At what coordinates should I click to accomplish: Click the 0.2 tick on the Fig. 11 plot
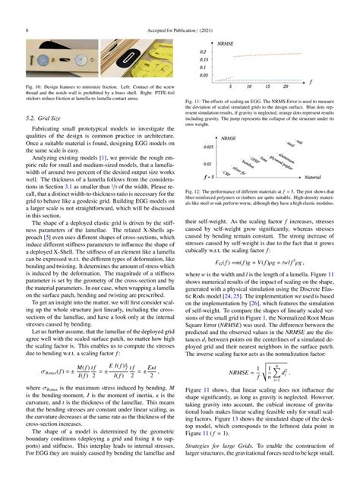click(202, 50)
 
